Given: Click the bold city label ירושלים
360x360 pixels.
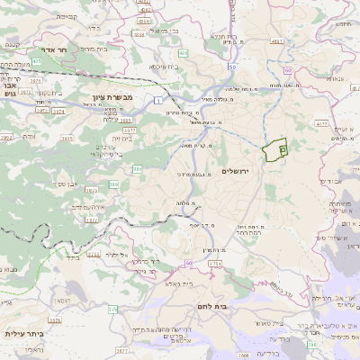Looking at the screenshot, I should click(x=240, y=171).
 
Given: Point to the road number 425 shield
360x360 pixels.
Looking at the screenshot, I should click(x=184, y=54).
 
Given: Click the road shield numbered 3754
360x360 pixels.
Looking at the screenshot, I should click(x=214, y=262).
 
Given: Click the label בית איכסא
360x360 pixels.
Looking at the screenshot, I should click(x=160, y=66).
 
